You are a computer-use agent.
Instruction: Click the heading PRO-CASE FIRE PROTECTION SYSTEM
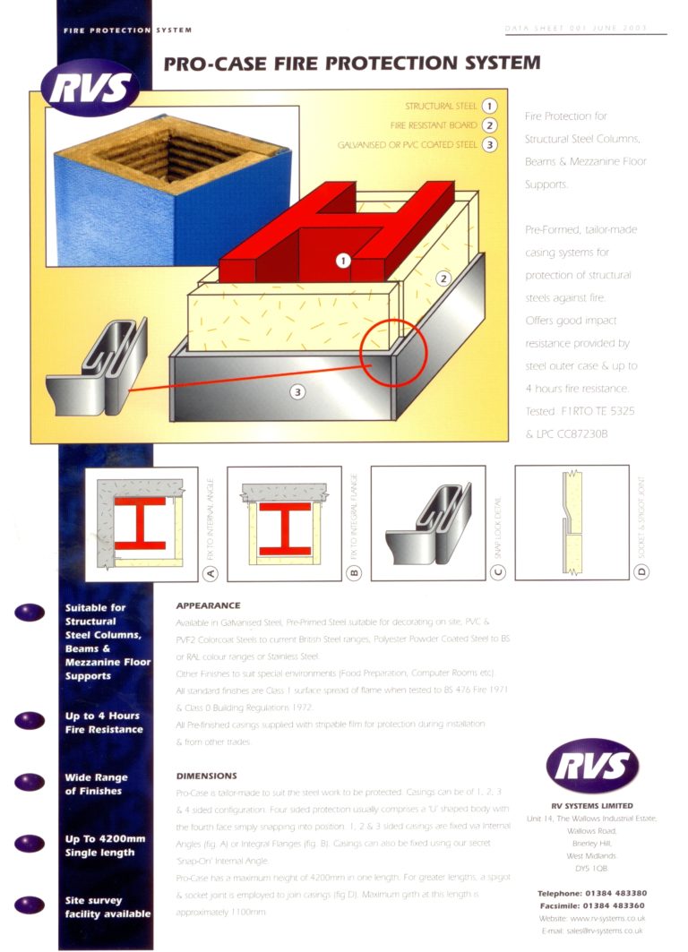(x=352, y=64)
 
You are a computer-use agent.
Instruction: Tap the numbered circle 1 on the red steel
(x=342, y=261)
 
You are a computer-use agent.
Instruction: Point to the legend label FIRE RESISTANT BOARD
(x=434, y=125)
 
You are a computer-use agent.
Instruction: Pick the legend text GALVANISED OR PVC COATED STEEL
(x=408, y=144)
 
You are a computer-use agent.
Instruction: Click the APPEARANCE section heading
(x=208, y=605)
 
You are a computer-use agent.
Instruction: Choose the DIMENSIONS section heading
(x=206, y=776)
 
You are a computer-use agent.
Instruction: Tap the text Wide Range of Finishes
(x=96, y=785)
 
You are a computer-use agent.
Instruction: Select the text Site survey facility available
(x=107, y=906)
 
